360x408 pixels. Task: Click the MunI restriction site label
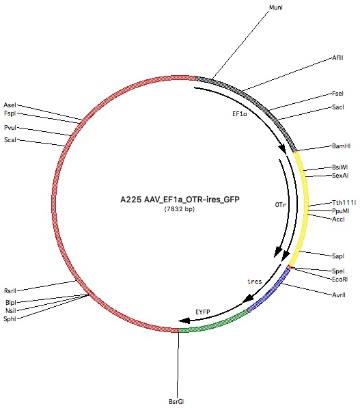276,8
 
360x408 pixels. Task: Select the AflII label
337,58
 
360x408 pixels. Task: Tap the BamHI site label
342,146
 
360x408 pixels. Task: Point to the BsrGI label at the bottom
176,401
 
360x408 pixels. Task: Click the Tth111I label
344,203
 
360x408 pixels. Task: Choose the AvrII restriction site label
339,295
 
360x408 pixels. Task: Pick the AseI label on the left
10,105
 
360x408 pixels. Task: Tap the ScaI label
10,139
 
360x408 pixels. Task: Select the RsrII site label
10,290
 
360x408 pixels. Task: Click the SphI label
10,318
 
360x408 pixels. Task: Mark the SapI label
338,256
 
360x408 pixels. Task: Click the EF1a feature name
240,114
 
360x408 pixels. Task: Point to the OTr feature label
281,205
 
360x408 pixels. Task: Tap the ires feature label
255,282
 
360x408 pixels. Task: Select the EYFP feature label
203,312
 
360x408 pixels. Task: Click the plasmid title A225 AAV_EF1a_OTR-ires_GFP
180,200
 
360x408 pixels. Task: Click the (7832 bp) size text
180,209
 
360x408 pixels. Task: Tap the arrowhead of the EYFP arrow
184,321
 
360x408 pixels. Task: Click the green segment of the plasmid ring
214,324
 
